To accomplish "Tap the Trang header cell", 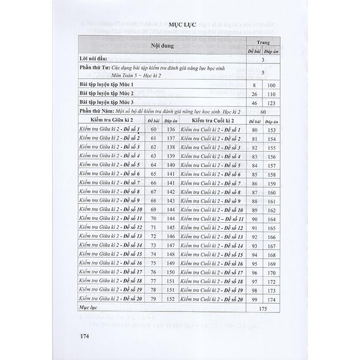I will tap(263, 42).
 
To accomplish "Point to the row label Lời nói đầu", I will tap(97, 59).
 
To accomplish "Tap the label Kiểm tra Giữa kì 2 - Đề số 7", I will tap(110, 183).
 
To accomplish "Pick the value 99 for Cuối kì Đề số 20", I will tap(254, 300).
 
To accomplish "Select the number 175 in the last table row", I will tap(263, 309).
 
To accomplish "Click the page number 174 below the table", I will tap(82, 336).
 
